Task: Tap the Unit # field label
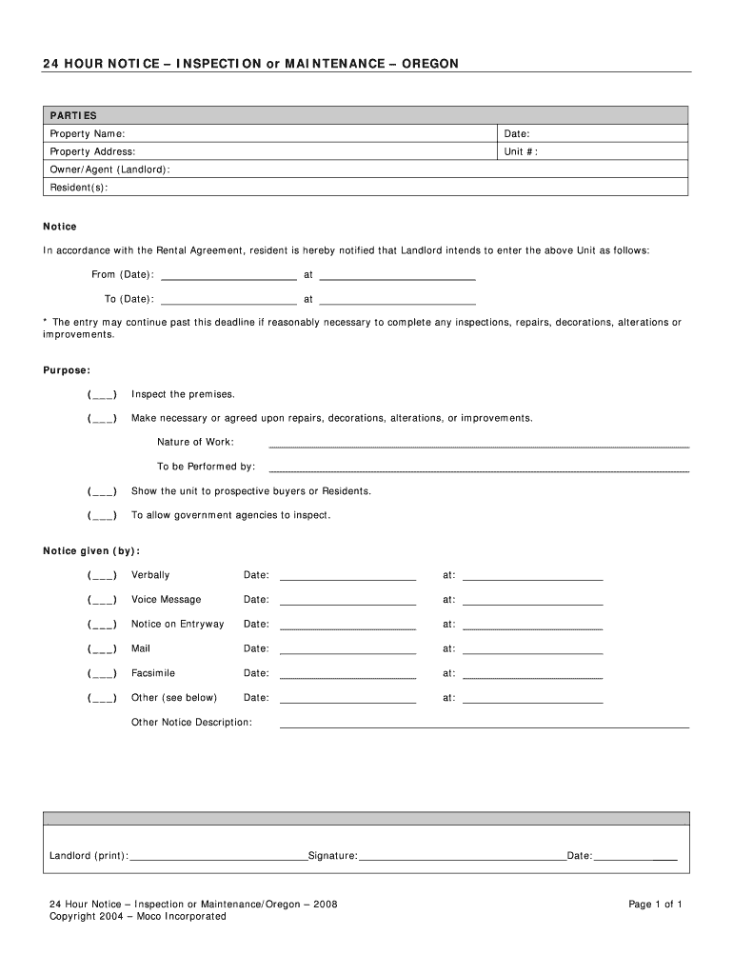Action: coord(522,152)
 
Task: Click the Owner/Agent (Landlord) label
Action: coord(110,169)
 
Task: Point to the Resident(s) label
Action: coord(79,188)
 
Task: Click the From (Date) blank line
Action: coord(228,276)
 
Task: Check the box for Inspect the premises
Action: coord(103,394)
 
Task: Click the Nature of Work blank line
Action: coord(479,444)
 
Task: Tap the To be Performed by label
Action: coord(207,467)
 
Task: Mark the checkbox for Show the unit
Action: coord(103,491)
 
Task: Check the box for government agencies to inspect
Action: coord(103,516)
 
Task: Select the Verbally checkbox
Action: coord(103,576)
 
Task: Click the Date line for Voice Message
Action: coord(347,602)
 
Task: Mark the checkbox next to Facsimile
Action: coord(103,674)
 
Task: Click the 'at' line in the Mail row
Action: coord(532,651)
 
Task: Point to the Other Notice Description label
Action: coord(191,723)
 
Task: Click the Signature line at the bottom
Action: coord(462,858)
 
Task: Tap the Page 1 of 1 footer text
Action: coord(655,905)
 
